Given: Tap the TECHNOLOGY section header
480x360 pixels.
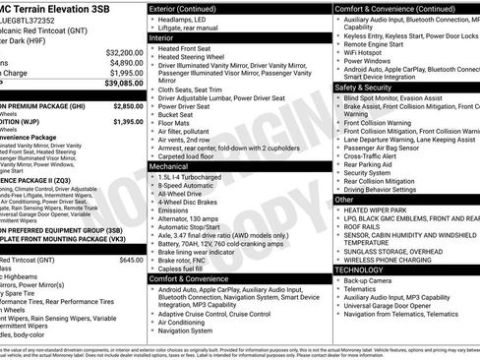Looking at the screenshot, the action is coord(366,269).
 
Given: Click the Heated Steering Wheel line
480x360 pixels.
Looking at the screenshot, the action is coord(200,58).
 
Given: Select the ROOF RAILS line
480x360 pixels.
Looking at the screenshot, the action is coord(363,225).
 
